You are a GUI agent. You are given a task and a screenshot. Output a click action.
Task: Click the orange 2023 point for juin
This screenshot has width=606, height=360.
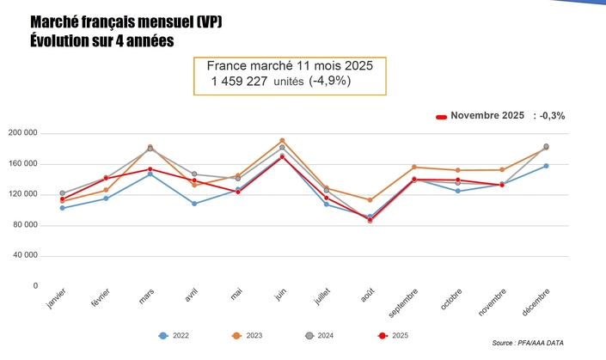coord(282,140)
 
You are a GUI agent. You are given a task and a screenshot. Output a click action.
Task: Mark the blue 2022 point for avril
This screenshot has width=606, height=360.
coord(194,204)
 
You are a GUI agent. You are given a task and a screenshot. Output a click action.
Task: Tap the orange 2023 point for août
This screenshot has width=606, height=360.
coord(370,199)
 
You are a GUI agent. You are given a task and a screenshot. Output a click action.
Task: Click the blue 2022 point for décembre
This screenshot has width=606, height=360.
coord(546,166)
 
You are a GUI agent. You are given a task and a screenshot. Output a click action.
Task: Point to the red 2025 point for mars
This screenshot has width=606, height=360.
coord(150,169)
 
